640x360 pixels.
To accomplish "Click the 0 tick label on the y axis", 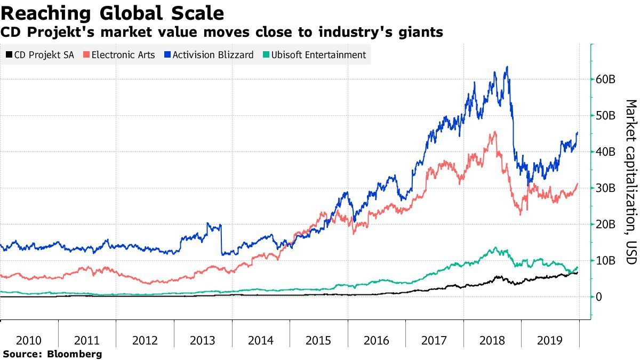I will pyautogui.click(x=600, y=297).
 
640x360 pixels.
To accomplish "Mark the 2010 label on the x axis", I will pyautogui.click(x=29, y=340).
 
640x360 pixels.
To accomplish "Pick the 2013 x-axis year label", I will pyautogui.click(x=203, y=340).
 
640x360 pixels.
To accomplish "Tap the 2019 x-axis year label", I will pyautogui.click(x=549, y=340).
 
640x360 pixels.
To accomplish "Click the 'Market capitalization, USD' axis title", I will pyautogui.click(x=630, y=181).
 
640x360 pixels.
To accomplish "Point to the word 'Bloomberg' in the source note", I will pyautogui.click(x=75, y=354).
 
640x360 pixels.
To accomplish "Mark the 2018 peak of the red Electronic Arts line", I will pyautogui.click(x=495, y=132).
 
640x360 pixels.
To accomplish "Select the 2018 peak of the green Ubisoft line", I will pyautogui.click(x=495, y=247).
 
